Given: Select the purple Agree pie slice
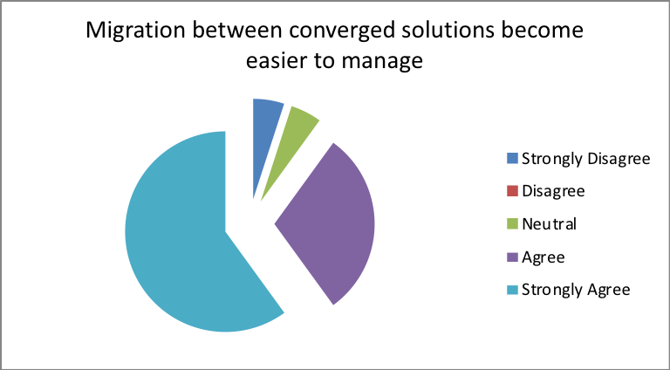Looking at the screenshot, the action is tap(333, 223).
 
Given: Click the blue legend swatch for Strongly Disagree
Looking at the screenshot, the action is tap(512, 159).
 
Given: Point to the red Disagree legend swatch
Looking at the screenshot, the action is tap(512, 191).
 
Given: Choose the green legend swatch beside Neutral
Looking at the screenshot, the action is tap(512, 224).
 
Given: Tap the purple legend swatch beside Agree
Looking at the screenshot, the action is tap(512, 257).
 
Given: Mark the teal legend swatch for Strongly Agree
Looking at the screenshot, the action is tap(512, 290).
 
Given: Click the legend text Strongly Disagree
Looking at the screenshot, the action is tap(586, 159).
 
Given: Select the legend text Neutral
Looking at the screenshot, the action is tap(549, 224).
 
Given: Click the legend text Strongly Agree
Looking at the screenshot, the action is tap(576, 290).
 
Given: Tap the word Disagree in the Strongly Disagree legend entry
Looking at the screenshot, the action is tap(619, 159).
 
